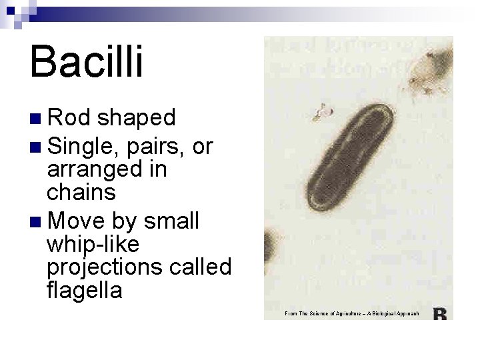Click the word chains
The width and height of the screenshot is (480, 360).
pos(81,193)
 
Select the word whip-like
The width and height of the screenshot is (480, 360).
pos(93,245)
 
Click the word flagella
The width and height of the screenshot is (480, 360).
pos(85,291)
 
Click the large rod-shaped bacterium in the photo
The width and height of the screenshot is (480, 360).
pos(353,160)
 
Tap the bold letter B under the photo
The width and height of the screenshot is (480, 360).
pos(440,314)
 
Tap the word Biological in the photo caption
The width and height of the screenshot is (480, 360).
pos(389,313)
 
